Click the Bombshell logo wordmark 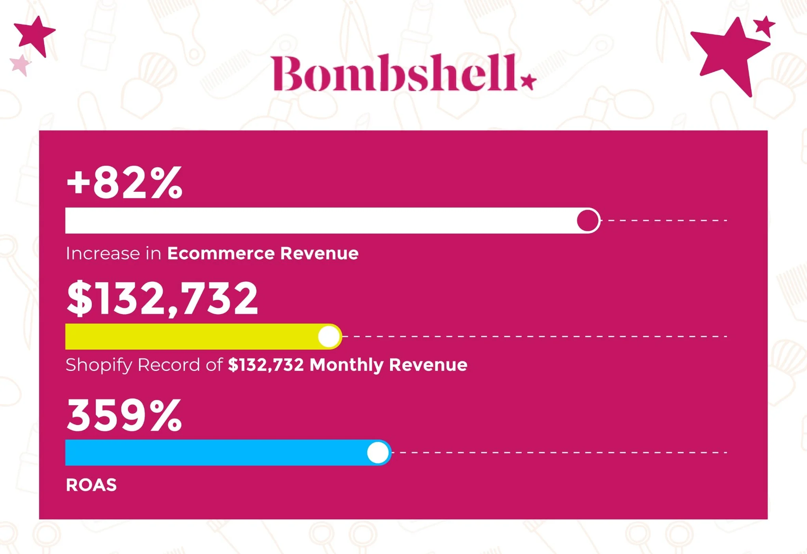pyautogui.click(x=394, y=73)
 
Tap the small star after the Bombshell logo pyautogui.click(x=528, y=82)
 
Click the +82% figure pyautogui.click(x=125, y=182)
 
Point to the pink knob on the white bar pyautogui.click(x=588, y=221)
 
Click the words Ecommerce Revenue pyautogui.click(x=263, y=253)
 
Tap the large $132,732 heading pyautogui.click(x=162, y=298)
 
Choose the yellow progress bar pyautogui.click(x=204, y=337)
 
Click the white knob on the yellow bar pyautogui.click(x=329, y=337)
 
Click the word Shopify pyautogui.click(x=99, y=365)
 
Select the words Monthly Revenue pyautogui.click(x=389, y=365)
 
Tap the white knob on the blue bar pyautogui.click(x=378, y=453)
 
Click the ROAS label pyautogui.click(x=91, y=485)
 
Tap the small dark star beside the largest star pyautogui.click(x=764, y=26)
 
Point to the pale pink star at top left pyautogui.click(x=20, y=65)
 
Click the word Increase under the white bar pyautogui.click(x=103, y=253)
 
